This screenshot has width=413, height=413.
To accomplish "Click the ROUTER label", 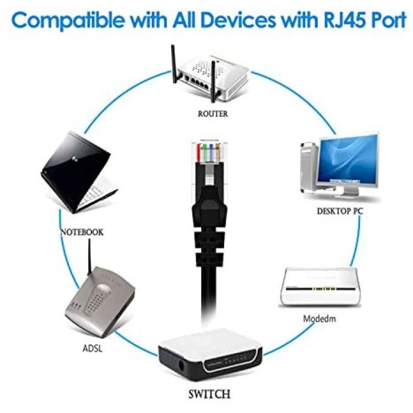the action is click(x=213, y=114).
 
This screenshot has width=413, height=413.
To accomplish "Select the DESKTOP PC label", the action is click(x=340, y=211).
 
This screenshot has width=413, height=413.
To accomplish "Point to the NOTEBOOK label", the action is click(x=82, y=232).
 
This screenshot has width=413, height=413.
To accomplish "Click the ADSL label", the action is click(x=92, y=349).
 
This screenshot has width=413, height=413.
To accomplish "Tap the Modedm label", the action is click(x=319, y=319).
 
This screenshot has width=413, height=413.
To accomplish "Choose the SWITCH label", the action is click(x=209, y=394).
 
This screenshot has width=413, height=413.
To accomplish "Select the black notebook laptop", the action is click(x=79, y=172).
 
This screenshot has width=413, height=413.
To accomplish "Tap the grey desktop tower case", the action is click(x=309, y=168).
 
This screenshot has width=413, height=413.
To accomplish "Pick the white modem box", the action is click(x=320, y=287).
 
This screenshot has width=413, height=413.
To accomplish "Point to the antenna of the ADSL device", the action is click(x=89, y=257).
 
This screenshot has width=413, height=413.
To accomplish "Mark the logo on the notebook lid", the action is click(x=74, y=159).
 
